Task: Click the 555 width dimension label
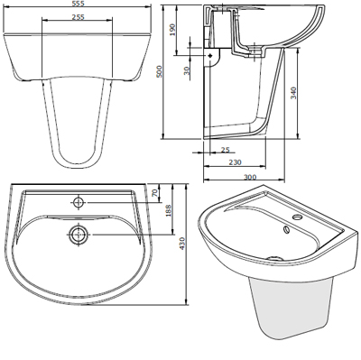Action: click(x=79, y=3)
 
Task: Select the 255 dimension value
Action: click(x=79, y=17)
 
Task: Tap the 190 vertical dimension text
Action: click(x=172, y=30)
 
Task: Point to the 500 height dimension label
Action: click(x=160, y=71)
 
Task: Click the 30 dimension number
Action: click(x=187, y=71)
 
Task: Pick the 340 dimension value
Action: click(x=293, y=93)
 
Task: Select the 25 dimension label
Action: click(x=225, y=149)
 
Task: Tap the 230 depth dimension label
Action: click(x=235, y=162)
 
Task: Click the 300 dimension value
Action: click(x=250, y=177)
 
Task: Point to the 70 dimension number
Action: click(x=155, y=193)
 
